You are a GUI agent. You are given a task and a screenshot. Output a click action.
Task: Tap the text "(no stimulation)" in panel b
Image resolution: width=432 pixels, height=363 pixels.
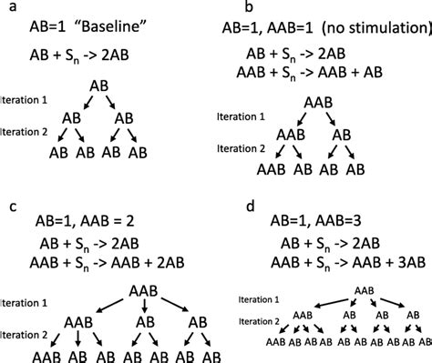pos(371,28)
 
